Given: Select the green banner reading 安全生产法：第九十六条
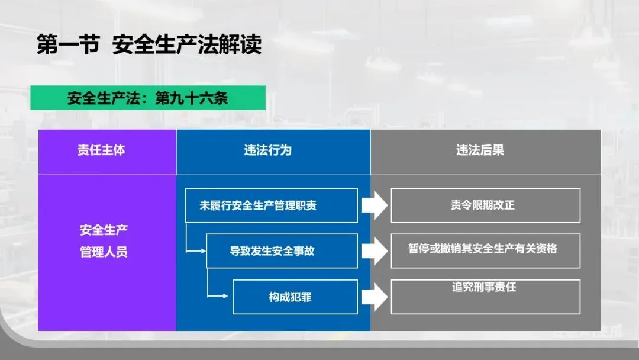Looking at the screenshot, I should [148, 98].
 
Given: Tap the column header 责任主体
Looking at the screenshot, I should [101, 150].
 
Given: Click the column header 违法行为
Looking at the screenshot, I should [268, 150].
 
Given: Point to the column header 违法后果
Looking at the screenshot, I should [480, 150].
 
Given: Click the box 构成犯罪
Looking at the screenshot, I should [295, 297].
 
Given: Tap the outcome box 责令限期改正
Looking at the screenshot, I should [485, 205].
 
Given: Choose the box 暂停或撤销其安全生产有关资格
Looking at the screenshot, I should [485, 249].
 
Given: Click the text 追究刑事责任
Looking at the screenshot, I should [484, 287].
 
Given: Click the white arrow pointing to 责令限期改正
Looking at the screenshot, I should [375, 206].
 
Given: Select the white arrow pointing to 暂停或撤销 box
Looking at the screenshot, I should [375, 250].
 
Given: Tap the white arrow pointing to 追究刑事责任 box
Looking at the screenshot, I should [375, 297].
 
